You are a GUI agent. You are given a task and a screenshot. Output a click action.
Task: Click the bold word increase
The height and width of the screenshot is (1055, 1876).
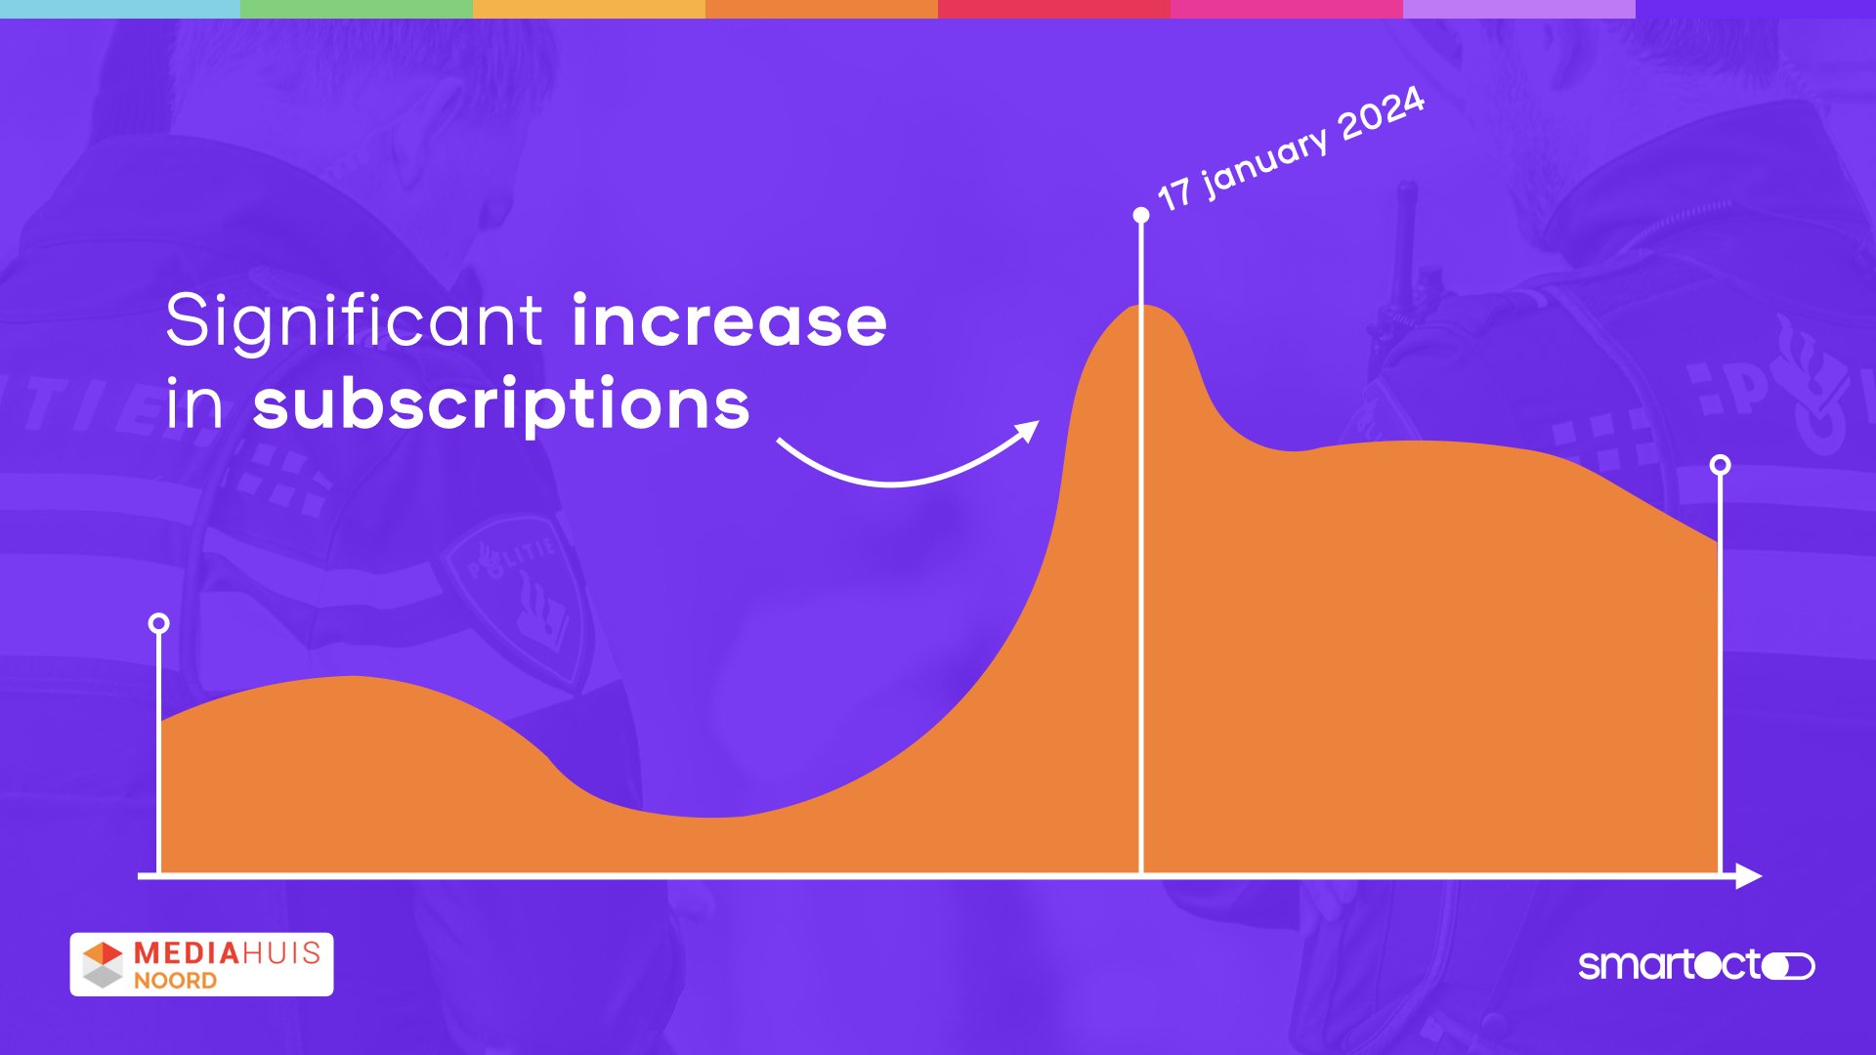click(x=730, y=319)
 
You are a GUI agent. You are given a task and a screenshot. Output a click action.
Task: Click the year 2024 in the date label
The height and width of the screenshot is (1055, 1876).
click(x=1382, y=114)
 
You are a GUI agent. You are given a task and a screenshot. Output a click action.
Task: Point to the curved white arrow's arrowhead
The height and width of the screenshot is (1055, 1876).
click(x=1027, y=432)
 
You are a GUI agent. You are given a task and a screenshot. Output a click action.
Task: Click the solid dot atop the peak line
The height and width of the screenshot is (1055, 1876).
click(x=1141, y=215)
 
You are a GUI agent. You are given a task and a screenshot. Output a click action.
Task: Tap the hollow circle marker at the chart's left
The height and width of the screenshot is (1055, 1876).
click(x=159, y=623)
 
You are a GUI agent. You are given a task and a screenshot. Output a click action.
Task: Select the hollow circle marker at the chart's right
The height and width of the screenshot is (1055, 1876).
click(x=1721, y=465)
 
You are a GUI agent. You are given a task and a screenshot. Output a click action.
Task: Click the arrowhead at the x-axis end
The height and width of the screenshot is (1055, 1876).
click(x=1749, y=876)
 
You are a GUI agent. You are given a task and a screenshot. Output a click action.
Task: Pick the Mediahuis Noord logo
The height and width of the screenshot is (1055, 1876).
click(x=201, y=964)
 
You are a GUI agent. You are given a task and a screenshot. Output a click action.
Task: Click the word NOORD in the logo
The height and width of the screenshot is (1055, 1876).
click(x=176, y=981)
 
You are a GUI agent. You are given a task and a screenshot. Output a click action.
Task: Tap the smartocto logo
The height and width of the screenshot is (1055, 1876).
click(x=1697, y=965)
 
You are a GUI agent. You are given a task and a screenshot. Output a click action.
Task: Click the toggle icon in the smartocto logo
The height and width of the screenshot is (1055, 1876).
click(x=1788, y=966)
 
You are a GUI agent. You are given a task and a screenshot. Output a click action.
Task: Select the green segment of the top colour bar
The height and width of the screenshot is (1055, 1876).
click(x=357, y=9)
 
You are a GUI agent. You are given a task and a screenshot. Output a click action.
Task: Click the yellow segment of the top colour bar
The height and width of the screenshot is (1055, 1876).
click(x=589, y=9)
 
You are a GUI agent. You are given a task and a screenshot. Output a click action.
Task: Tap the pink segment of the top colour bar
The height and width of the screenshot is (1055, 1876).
click(x=1287, y=9)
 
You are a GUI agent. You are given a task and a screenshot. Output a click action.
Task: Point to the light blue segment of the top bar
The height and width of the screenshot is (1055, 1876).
click(x=120, y=9)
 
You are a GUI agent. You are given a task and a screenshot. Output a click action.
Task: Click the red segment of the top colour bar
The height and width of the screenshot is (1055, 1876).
click(x=1054, y=9)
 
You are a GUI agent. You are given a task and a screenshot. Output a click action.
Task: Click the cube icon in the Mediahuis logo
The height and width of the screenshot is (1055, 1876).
click(x=103, y=964)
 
